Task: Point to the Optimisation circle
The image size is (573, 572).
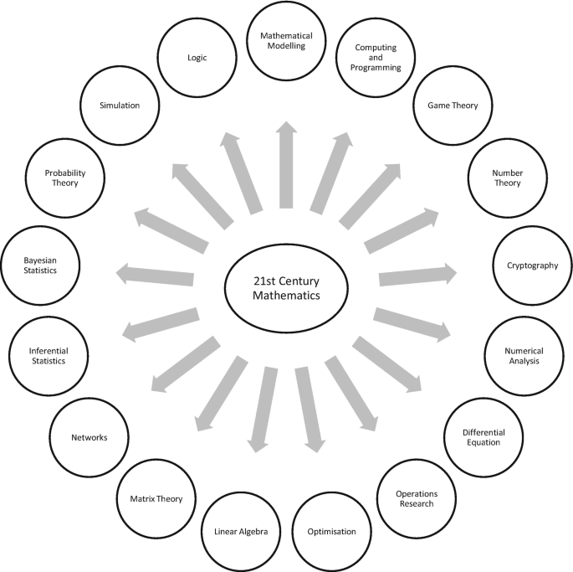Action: (331, 531)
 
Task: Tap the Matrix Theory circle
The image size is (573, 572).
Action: (156, 498)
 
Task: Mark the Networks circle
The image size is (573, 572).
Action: (90, 436)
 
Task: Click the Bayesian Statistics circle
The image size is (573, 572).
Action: (40, 265)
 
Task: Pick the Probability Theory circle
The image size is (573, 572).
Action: (65, 178)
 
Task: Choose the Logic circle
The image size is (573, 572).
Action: (197, 59)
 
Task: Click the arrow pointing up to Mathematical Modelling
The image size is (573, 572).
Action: (286, 163)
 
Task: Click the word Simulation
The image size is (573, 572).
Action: (120, 106)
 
